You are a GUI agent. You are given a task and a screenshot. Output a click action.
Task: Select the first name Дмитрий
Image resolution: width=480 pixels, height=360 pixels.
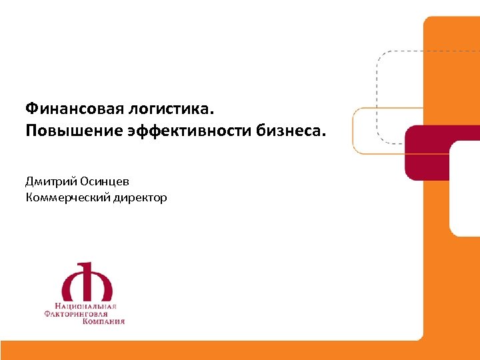coord(50,180)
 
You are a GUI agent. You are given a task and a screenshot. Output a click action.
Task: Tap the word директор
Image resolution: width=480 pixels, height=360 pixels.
coord(139,197)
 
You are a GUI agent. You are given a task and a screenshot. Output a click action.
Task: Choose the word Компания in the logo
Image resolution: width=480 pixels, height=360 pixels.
coord(103,321)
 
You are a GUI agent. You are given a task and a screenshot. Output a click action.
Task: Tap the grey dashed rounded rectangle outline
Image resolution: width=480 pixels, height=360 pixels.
coord(377,80)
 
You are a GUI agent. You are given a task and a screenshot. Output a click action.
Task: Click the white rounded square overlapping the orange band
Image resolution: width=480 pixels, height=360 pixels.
coord(465,187)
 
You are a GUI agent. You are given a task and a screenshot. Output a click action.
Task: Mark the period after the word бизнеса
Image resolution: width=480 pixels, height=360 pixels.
coord(326,133)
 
